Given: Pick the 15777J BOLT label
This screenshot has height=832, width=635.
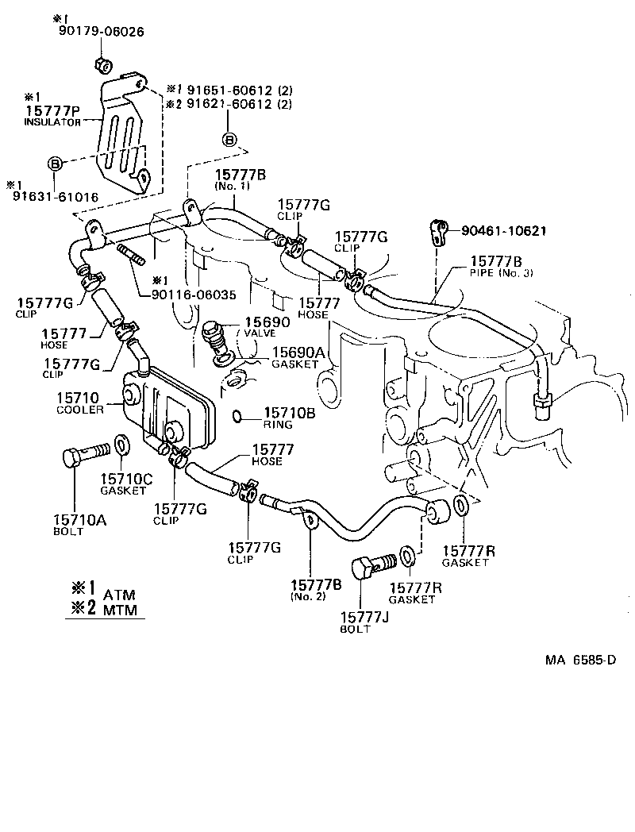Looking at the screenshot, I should (x=366, y=622).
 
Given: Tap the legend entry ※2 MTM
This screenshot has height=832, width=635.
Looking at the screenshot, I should (x=103, y=610).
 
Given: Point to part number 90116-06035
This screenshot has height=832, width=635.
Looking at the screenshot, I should (x=194, y=294).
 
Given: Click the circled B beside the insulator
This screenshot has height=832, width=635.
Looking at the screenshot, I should (x=55, y=163).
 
